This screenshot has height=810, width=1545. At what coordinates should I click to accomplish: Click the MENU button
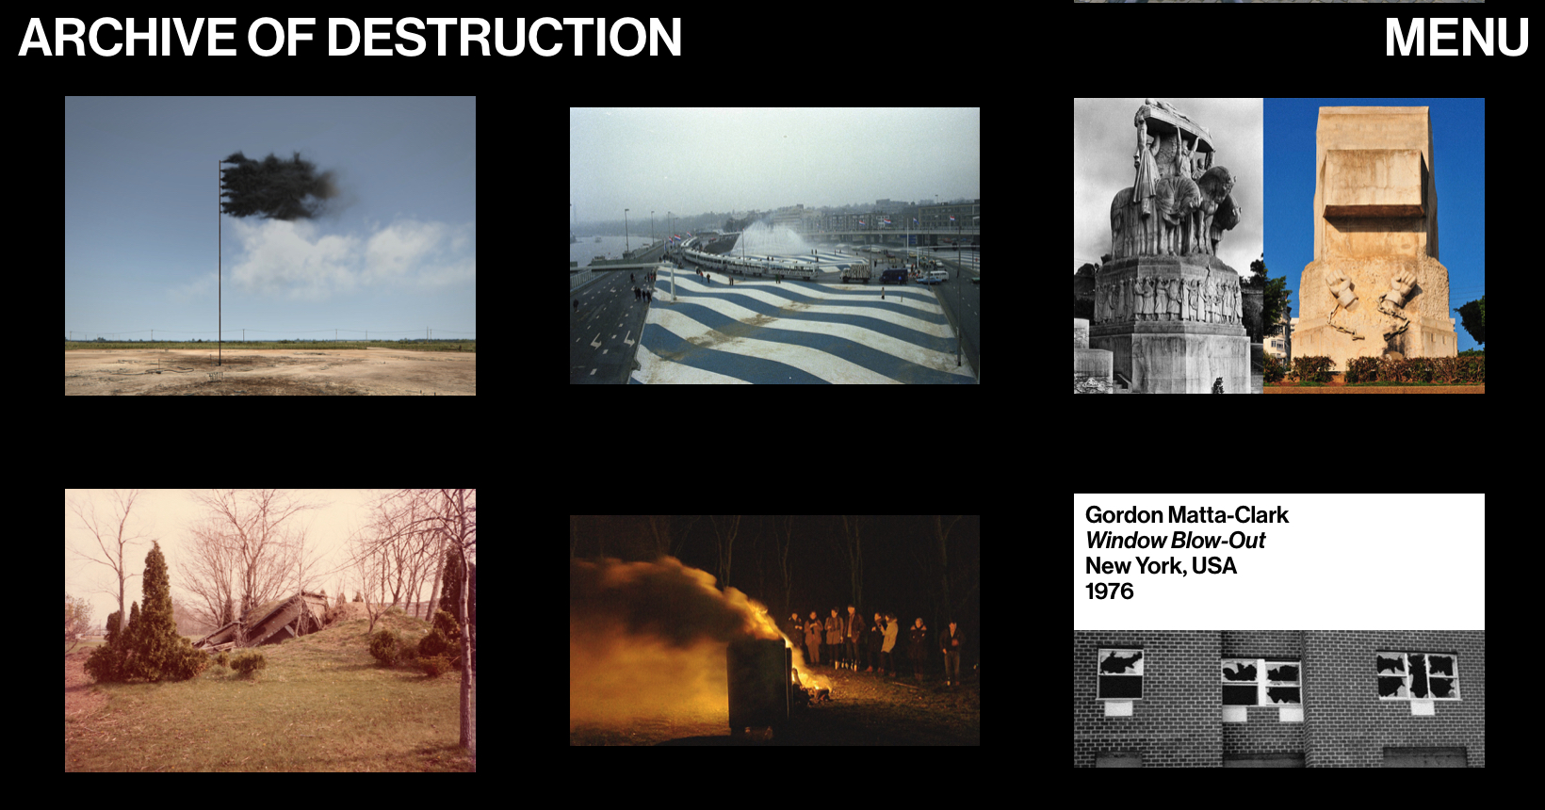click(x=1456, y=38)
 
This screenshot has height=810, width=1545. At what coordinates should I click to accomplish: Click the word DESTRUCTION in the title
click(x=503, y=38)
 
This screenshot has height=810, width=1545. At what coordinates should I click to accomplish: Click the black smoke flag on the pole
click(x=278, y=186)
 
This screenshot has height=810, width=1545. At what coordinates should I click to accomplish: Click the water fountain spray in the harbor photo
click(x=768, y=235)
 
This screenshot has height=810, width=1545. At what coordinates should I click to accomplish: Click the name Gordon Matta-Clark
click(x=1186, y=515)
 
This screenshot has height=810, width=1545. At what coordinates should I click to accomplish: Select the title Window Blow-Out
click(x=1175, y=541)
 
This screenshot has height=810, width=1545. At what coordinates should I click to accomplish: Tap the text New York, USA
click(x=1160, y=566)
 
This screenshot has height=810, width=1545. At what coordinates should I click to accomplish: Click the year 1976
click(x=1109, y=591)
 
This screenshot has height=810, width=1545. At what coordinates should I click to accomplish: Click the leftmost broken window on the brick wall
click(x=1120, y=672)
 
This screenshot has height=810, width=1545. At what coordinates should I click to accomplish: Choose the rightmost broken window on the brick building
click(x=1417, y=674)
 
